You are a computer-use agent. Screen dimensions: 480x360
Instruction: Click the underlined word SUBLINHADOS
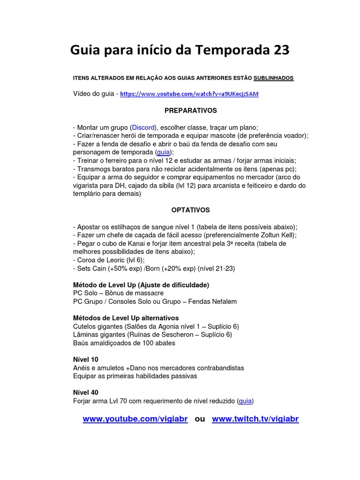[x=273, y=78]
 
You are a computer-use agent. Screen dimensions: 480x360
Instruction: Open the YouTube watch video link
[x=189, y=94]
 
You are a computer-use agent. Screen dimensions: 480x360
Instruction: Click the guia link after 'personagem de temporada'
[x=163, y=152]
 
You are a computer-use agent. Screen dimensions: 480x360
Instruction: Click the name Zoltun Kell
[x=280, y=235]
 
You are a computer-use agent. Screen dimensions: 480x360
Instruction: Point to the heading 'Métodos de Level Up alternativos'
[x=126, y=318]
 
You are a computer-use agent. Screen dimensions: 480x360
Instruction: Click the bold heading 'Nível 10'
[x=86, y=360]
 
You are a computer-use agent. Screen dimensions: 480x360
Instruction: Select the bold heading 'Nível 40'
[x=86, y=392]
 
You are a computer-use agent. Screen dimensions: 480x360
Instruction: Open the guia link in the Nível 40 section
[x=245, y=401]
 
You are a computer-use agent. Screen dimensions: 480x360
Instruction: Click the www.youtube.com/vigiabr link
[x=135, y=419]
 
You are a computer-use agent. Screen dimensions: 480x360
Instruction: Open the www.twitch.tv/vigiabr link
[x=255, y=419]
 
